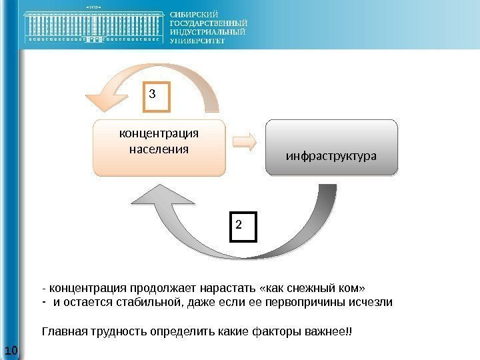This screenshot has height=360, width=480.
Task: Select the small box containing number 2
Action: click(244, 225)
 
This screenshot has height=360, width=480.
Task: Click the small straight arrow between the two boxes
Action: click(245, 141)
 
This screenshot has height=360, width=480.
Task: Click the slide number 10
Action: click(11, 351)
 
